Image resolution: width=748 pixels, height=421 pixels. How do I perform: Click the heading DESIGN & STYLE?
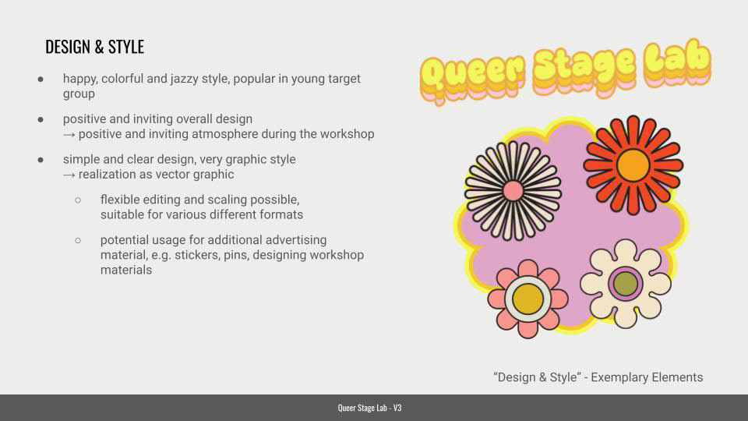click(94, 47)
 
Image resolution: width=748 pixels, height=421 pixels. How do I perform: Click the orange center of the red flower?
click(633, 165)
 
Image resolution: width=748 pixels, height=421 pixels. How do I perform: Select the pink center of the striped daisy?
click(513, 190)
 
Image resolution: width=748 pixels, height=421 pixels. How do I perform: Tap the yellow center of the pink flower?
click(527, 299)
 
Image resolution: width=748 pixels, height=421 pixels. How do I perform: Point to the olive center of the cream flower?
click(625, 283)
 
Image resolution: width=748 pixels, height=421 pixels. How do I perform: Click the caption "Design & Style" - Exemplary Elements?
click(598, 377)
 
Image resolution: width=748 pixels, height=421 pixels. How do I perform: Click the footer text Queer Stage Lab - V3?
click(370, 408)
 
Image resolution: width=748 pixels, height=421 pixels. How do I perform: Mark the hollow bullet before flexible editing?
click(78, 200)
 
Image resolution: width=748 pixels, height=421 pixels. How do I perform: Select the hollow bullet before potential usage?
click(78, 240)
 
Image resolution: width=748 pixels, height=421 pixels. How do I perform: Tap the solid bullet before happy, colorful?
click(41, 79)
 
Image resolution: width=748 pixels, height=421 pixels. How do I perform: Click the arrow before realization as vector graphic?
click(69, 174)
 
